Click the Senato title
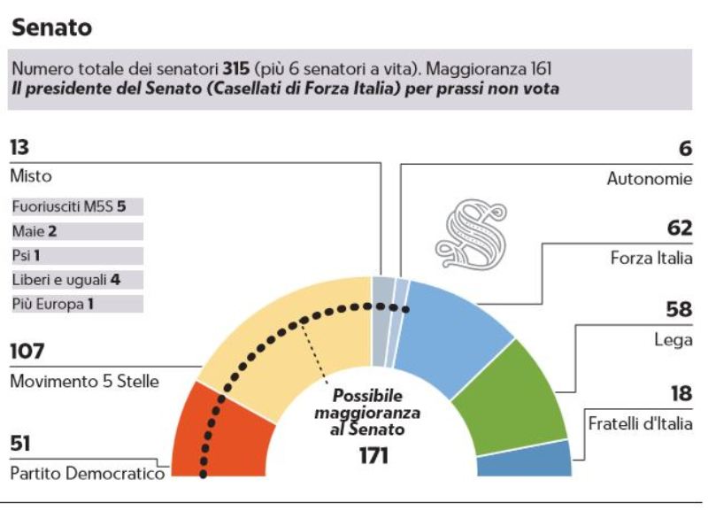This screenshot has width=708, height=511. pyautogui.click(x=51, y=27)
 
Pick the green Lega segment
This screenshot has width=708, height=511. pyautogui.click(x=522, y=399)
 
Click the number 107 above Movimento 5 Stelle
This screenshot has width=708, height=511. pyautogui.click(x=28, y=352)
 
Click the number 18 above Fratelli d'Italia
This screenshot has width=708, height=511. pyautogui.click(x=681, y=394)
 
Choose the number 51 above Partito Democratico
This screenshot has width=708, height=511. pyautogui.click(x=22, y=444)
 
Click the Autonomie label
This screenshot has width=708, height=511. pyautogui.click(x=649, y=178)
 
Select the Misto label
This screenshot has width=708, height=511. pyautogui.click(x=31, y=176)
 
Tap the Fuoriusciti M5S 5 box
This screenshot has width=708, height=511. pyautogui.click(x=76, y=207)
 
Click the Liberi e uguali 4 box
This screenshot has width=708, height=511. pyautogui.click(x=76, y=280)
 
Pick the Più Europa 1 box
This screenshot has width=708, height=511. pyautogui.click(x=76, y=304)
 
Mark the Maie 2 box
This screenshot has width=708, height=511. pyautogui.click(x=76, y=231)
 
